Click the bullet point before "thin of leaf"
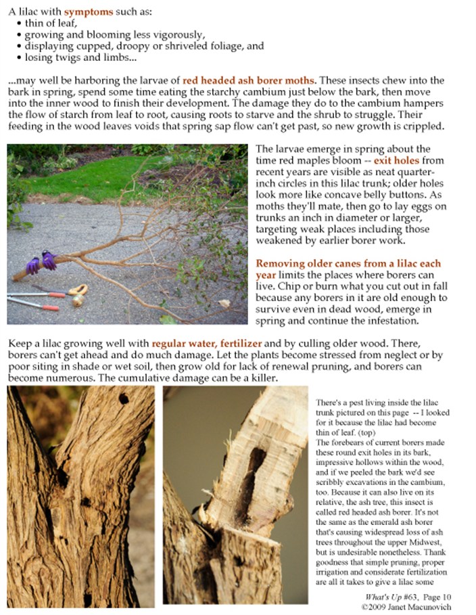(x=18, y=24)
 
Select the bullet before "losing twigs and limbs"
(x=18, y=57)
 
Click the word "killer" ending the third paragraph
(x=259, y=377)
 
